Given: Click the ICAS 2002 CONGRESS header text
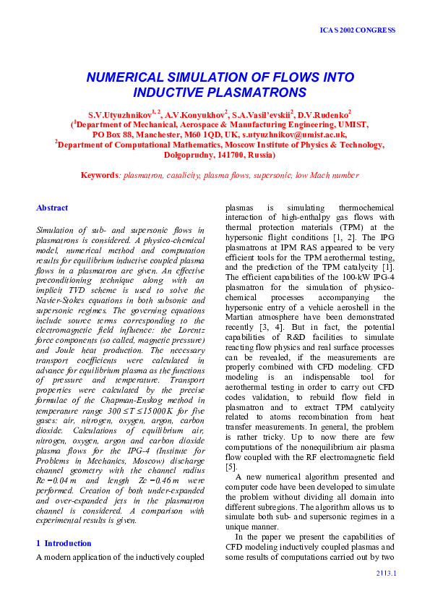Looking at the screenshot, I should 357,30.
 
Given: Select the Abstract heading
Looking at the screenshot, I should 52,208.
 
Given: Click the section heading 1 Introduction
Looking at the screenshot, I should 64,543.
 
